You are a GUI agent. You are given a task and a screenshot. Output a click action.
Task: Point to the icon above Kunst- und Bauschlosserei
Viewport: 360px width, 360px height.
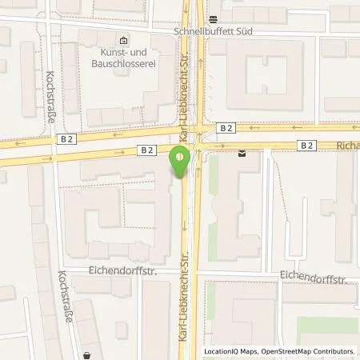tap(122, 40)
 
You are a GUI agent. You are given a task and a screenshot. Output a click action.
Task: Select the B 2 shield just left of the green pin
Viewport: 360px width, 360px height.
tap(146, 149)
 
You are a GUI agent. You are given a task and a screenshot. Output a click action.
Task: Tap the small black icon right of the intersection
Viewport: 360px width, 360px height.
tap(242, 154)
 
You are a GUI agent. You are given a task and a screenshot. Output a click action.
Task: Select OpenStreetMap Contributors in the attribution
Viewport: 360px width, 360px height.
tap(304, 351)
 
